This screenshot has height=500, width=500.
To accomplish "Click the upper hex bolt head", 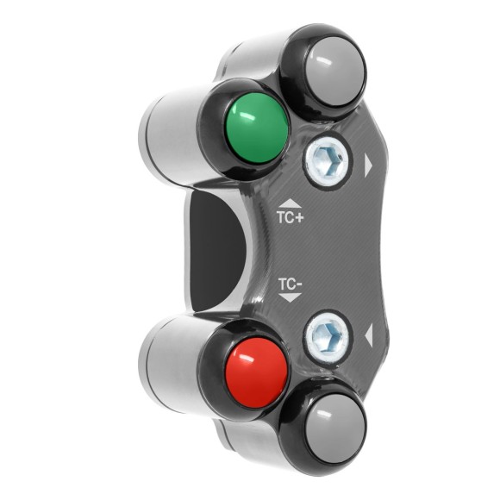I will [x=327, y=160].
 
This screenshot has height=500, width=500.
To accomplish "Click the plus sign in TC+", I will [x=299, y=218].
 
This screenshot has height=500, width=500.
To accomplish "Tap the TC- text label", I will [x=290, y=283].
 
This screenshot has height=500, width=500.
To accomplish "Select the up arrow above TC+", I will [x=290, y=203].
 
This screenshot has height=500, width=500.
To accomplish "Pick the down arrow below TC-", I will [x=290, y=297].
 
